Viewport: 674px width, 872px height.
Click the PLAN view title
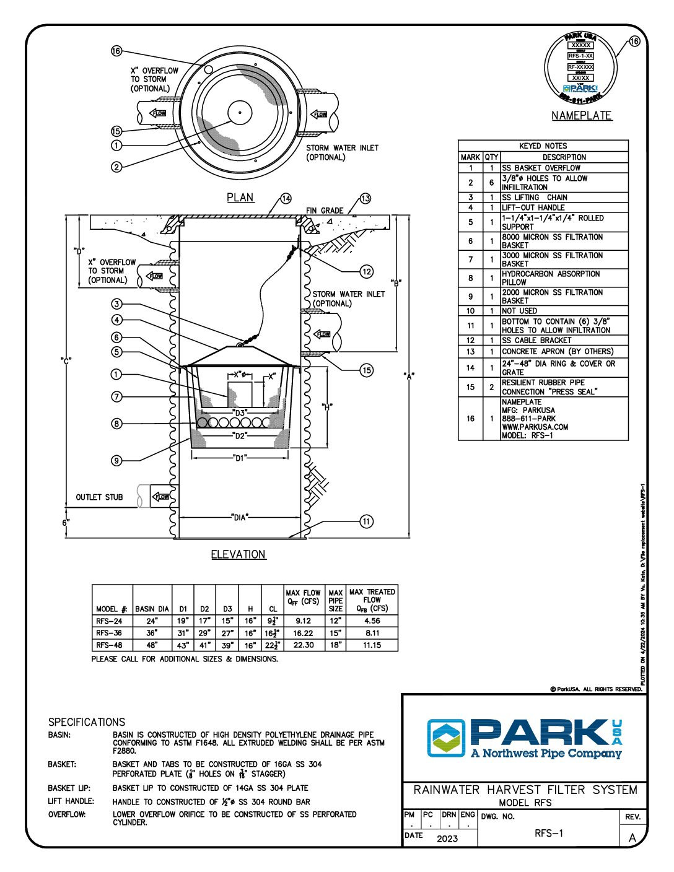click(x=240, y=198)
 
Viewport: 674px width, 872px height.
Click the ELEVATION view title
click(x=239, y=555)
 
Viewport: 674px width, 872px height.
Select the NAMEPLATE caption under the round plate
click(x=582, y=116)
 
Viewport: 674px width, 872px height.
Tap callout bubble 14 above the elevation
click(x=286, y=199)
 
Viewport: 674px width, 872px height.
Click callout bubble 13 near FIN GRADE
click(x=365, y=199)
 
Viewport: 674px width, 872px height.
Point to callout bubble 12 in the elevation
click(x=367, y=271)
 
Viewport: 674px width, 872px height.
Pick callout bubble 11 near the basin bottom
click(x=367, y=521)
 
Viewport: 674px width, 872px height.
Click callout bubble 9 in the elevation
click(x=116, y=460)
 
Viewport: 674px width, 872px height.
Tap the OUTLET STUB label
click(x=99, y=497)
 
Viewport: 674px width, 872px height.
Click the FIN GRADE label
click(x=325, y=211)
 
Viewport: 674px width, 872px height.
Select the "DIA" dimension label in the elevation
click(x=240, y=517)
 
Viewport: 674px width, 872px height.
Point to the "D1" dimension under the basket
click(x=240, y=458)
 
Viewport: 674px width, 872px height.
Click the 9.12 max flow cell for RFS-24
click(x=303, y=621)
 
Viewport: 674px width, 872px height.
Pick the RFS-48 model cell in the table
click(x=110, y=645)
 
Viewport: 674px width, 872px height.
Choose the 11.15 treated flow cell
click(x=372, y=645)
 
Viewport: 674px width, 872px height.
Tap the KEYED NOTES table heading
click(x=543, y=146)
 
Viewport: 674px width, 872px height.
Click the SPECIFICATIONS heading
click(x=87, y=722)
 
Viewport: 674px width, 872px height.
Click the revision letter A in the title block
click(x=632, y=838)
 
